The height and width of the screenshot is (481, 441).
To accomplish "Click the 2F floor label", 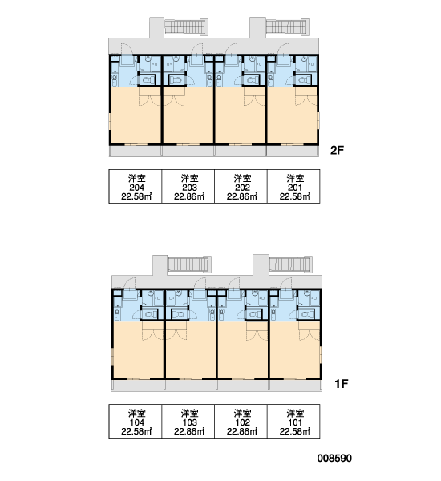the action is point(337,150).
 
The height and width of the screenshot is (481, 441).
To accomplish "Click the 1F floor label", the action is point(342,383).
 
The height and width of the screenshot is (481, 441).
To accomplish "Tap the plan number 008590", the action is point(334,459).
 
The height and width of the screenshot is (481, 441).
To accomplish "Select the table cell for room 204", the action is point(136,186).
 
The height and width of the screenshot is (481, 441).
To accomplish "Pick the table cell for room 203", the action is point(188,186).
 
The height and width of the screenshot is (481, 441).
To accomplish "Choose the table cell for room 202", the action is point(241,186).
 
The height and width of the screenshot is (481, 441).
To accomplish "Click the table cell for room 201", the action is point(293,186).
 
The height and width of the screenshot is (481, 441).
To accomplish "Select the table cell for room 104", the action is point(136,421).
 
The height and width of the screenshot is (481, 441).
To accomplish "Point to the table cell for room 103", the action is point(188,421).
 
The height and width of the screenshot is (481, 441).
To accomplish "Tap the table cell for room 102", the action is point(241,421).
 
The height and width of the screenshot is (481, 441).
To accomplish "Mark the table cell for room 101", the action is point(293,421).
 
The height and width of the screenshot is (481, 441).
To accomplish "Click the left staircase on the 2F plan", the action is point(186,26).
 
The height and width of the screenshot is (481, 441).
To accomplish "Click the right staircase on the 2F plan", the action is point(287,26).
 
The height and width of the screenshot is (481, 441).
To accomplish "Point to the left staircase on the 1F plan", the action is point(189,264).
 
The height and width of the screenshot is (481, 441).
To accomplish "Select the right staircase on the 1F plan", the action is point(290,264).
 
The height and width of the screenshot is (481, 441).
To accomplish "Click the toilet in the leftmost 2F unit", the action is point(147,80).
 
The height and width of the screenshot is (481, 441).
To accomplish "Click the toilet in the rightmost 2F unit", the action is point(303,80).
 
